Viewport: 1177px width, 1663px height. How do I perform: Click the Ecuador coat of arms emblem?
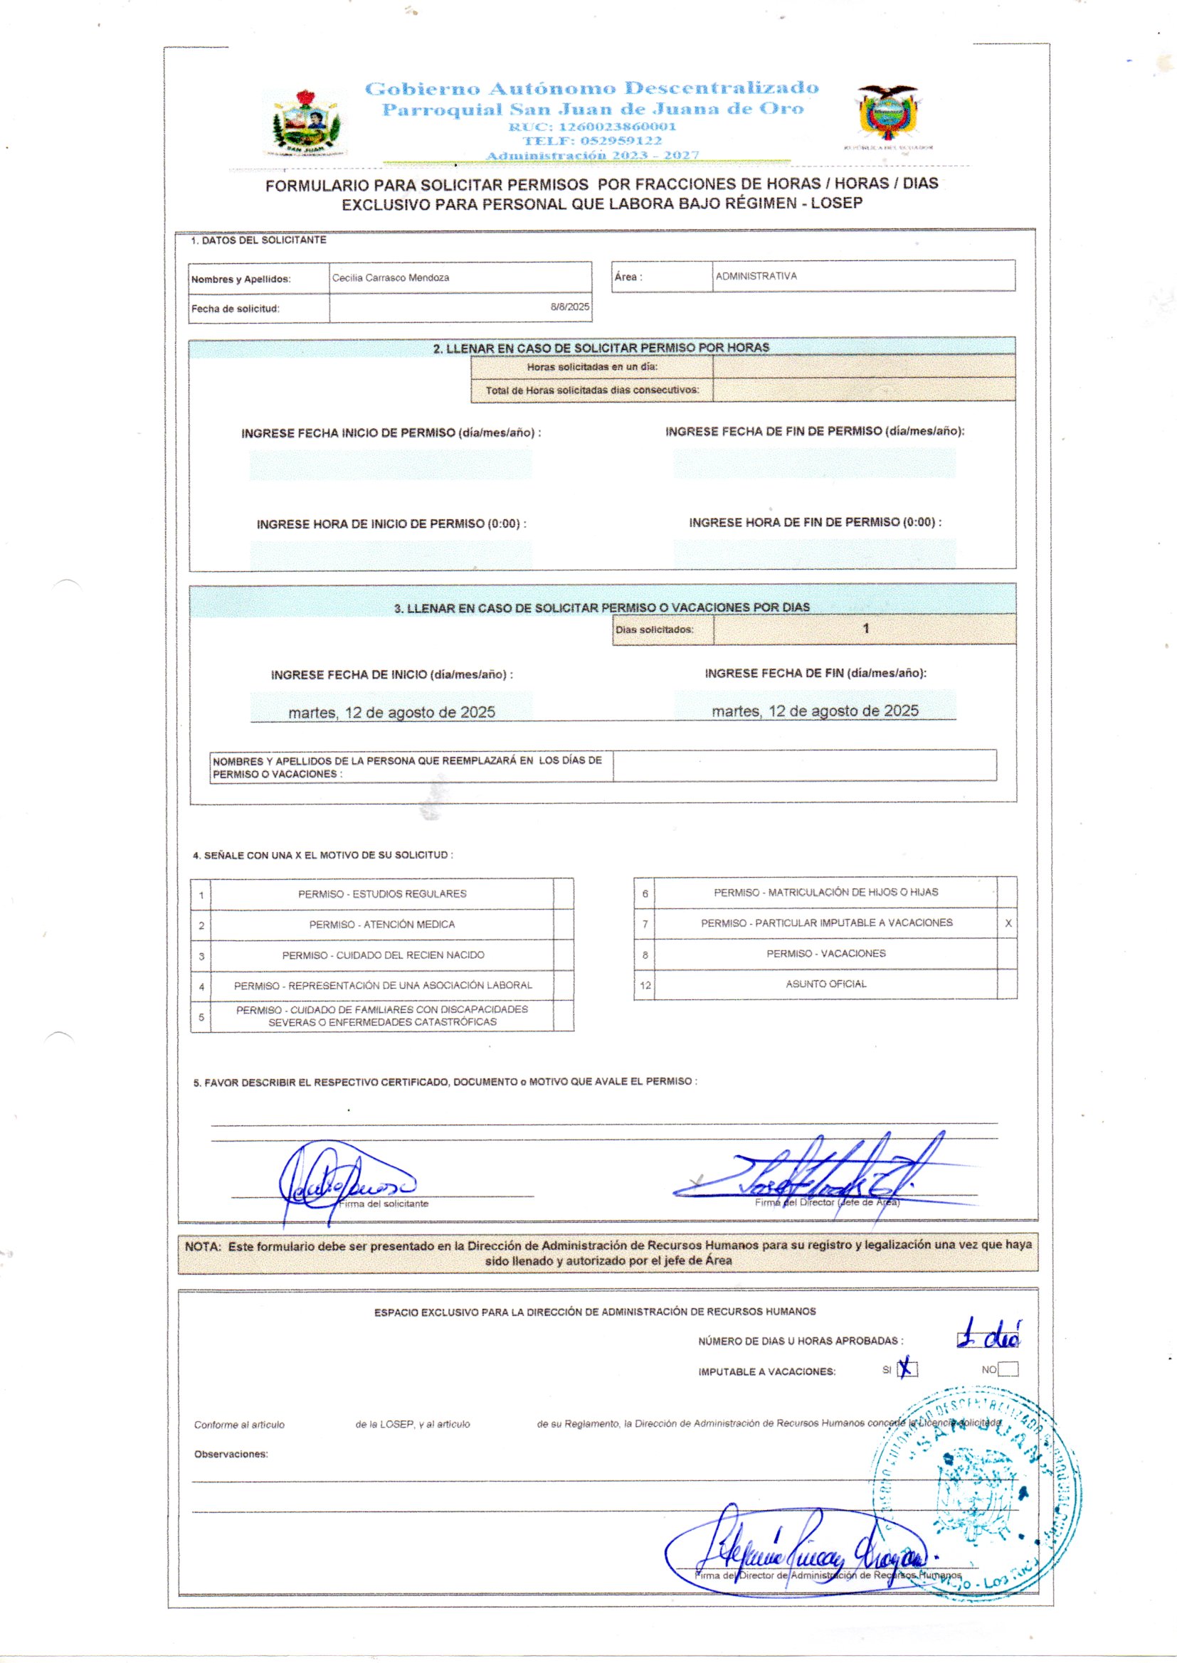887,114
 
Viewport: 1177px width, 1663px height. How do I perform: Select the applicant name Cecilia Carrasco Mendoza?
391,278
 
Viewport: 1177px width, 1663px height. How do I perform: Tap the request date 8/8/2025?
570,307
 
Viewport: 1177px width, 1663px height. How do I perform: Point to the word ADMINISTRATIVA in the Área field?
756,276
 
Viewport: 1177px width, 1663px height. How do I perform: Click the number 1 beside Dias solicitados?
865,629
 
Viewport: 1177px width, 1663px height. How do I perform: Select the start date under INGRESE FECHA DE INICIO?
391,713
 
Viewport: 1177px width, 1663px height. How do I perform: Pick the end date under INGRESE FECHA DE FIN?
815,711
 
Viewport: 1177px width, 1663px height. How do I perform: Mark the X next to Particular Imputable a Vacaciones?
1008,923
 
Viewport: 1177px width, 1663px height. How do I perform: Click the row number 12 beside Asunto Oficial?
645,986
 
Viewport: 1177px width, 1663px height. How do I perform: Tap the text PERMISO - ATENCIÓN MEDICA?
382,925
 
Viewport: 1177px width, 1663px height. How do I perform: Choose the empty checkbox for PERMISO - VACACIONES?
1008,954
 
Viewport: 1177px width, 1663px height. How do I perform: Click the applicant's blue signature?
341,1183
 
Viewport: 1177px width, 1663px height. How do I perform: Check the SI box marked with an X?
907,1370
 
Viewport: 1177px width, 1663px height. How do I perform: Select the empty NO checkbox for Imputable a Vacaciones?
1008,1370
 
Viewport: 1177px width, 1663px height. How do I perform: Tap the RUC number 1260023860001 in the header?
592,125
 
